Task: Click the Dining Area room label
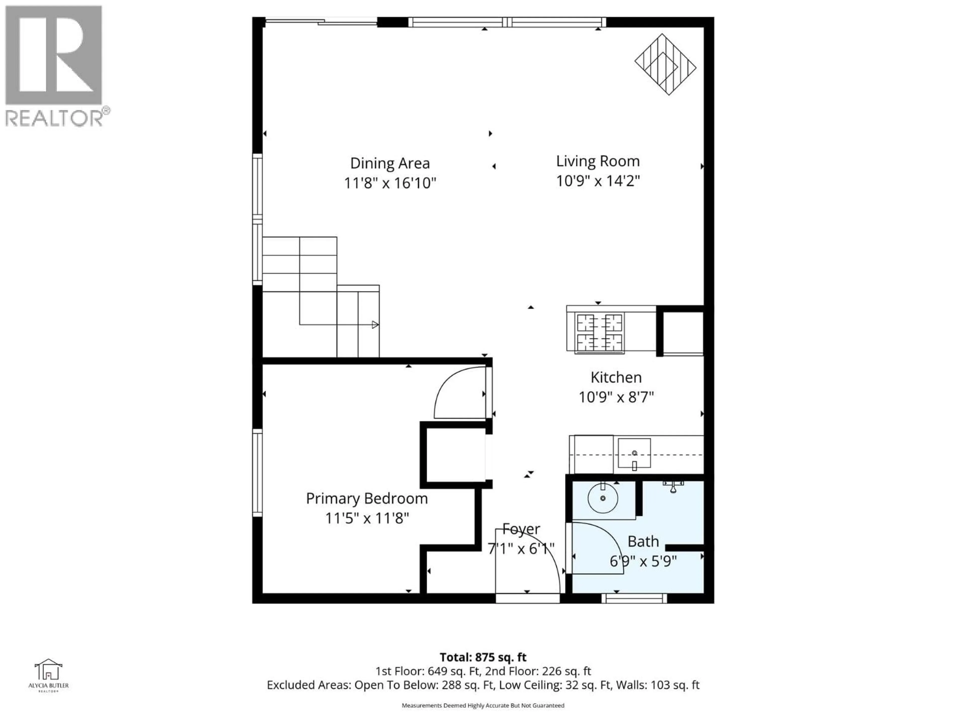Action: (x=390, y=163)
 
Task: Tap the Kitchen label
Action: (x=616, y=377)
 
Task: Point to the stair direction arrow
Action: (x=375, y=325)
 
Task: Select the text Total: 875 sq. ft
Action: (x=483, y=657)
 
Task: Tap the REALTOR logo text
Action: (x=55, y=118)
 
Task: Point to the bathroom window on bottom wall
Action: (x=634, y=599)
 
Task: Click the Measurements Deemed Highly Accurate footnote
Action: (x=483, y=705)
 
